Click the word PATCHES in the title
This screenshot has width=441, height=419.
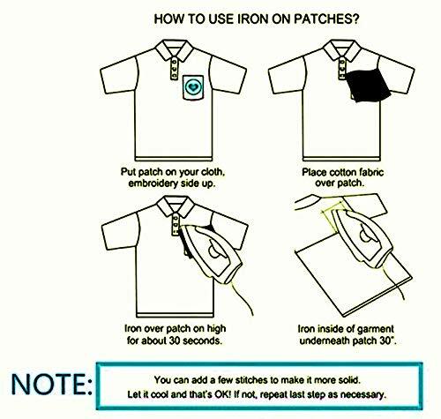pos(323,19)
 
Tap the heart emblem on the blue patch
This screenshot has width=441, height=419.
pos(193,86)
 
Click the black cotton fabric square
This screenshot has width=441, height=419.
pos(368,85)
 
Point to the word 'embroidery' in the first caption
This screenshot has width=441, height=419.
pos(153,183)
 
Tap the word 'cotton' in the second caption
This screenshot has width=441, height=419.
pos(343,172)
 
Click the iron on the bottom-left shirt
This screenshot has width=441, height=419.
pos(211,252)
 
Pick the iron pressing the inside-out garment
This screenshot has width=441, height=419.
pos(363,237)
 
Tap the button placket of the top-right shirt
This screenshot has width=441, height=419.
pos(341,68)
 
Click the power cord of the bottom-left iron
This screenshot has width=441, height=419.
pos(242,296)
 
